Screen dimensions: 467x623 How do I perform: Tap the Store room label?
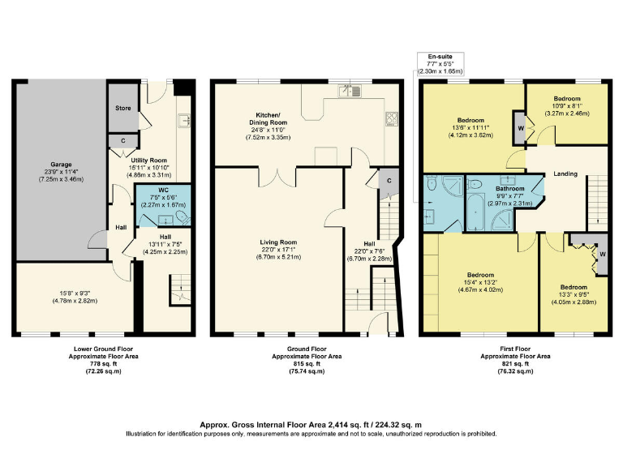tap(123, 107)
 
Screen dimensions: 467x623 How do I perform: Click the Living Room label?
tap(278, 242)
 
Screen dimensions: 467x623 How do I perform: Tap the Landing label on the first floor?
tap(565, 174)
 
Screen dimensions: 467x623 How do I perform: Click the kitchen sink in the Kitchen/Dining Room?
tap(350, 90)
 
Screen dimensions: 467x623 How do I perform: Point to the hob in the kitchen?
tap(390, 120)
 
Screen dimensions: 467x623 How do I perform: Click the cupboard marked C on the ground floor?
tap(389, 180)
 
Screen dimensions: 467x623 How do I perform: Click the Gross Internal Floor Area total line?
tap(311, 424)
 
